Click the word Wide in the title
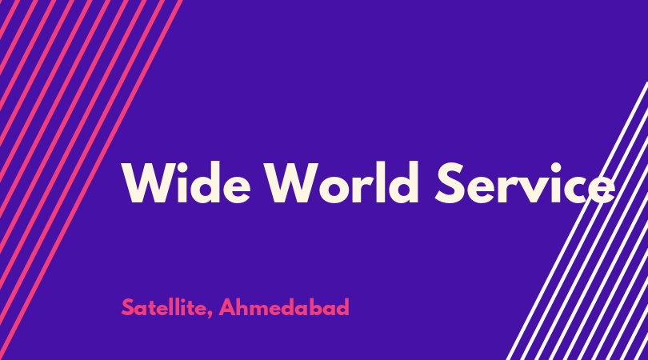coord(186,182)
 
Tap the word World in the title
coord(342,182)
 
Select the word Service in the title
coord(525,182)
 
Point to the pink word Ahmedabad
coord(284,307)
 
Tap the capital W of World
coord(290,183)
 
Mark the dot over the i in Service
coord(556,168)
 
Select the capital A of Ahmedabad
coord(227,307)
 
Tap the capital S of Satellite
coord(128,307)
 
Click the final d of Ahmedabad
coord(342,307)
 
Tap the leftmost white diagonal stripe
coord(578,221)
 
